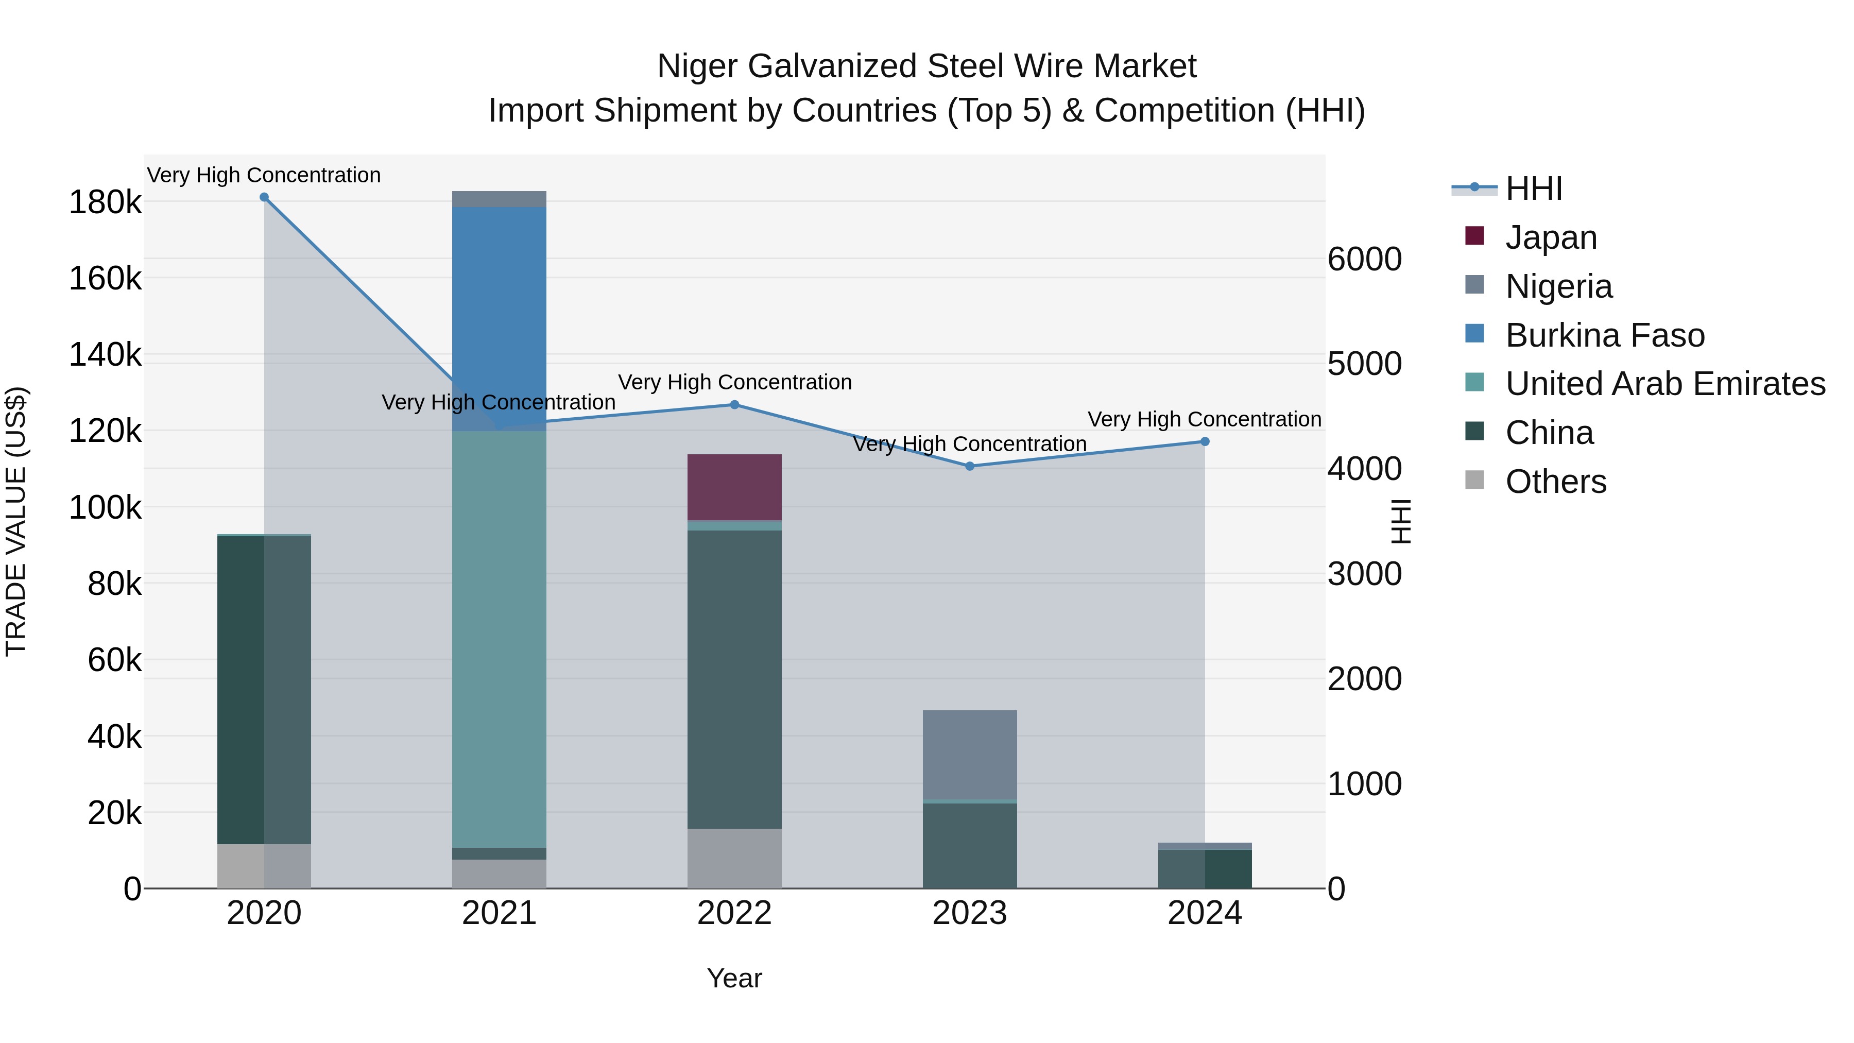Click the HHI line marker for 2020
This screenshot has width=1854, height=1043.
(264, 197)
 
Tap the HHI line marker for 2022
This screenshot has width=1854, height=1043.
(734, 404)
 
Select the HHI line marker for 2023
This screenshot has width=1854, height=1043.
(969, 467)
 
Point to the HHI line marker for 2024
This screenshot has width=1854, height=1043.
(1205, 442)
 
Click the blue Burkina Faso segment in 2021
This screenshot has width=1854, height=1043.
(499, 317)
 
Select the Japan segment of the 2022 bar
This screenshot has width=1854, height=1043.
(734, 487)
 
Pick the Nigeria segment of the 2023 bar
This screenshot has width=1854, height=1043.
(969, 755)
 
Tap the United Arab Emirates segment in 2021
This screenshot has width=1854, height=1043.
(499, 641)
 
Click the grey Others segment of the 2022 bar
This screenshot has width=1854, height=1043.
(734, 858)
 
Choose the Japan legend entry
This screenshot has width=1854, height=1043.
(1551, 237)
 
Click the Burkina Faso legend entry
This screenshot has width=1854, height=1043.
(1605, 335)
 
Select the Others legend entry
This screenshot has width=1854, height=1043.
(1555, 482)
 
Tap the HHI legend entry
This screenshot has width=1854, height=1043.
(1534, 189)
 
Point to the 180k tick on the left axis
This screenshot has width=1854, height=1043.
(105, 202)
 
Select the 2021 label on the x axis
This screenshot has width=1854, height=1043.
(499, 913)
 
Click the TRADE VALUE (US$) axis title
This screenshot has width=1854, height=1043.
(16, 521)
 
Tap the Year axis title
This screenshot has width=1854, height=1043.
(734, 978)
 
